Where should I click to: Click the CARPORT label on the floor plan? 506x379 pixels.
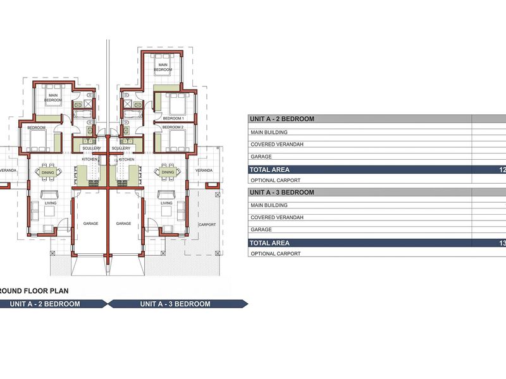coord(207,224)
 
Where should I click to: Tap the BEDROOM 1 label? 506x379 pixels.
coord(173,118)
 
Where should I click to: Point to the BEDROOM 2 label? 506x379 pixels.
coord(173,127)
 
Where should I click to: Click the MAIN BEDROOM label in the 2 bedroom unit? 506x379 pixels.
coord(53,98)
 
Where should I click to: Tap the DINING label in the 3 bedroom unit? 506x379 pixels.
coord(168,172)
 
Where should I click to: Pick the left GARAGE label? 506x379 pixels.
coord(90,224)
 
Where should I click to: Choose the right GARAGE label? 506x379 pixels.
coord(123,224)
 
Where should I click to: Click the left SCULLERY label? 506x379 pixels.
coord(91,148)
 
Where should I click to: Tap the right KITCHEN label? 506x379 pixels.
coord(126,160)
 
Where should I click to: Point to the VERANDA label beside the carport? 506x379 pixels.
coord(204,171)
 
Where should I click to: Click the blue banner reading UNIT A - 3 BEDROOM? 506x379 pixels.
coord(175,304)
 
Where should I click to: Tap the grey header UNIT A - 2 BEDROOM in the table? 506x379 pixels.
coord(282,119)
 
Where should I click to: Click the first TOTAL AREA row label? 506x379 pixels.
coord(269,170)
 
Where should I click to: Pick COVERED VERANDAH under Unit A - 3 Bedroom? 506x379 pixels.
coord(277,218)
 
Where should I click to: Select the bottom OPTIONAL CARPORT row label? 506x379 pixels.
coord(275,253)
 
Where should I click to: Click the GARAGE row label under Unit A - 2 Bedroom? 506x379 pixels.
coord(261,157)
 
